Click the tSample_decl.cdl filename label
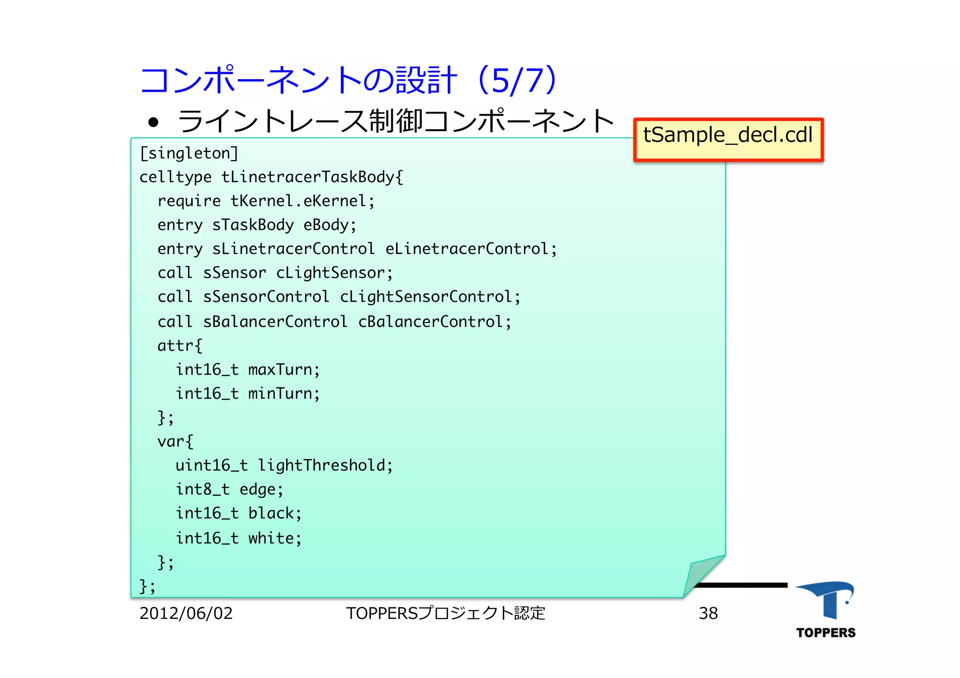pos(727,135)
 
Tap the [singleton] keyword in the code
pos(189,154)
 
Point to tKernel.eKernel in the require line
pos(299,201)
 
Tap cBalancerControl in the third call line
pos(430,321)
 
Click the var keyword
pos(170,441)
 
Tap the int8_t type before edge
pos(202,489)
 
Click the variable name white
pos(271,538)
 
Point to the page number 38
pos(708,613)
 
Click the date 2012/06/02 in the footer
pos(186,613)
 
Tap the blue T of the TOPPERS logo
pos(827,600)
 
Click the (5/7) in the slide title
pos(517,80)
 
